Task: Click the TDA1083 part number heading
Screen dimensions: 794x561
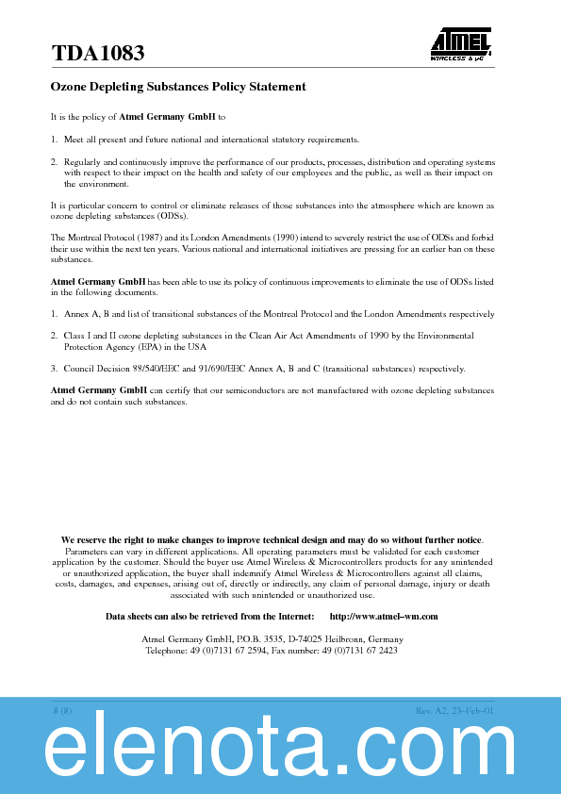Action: coord(98,55)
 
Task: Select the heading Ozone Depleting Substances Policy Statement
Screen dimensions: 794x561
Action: coord(178,87)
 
